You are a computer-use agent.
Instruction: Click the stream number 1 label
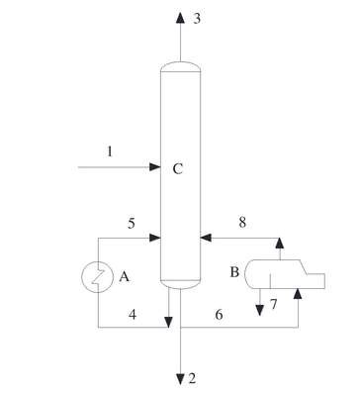[110, 151]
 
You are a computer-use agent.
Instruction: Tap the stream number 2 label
[192, 378]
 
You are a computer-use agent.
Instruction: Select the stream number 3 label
[197, 19]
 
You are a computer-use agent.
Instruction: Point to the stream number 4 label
[133, 315]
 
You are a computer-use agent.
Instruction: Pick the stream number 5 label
[132, 224]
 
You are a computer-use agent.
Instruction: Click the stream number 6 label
[219, 315]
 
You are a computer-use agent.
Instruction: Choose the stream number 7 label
[274, 304]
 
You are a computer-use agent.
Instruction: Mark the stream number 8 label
[242, 223]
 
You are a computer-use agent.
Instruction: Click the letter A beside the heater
[124, 276]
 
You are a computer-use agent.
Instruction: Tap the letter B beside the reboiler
[234, 272]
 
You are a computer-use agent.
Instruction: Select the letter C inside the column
[178, 169]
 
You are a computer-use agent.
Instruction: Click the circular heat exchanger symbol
[98, 276]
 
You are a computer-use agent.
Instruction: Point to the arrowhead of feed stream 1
[155, 167]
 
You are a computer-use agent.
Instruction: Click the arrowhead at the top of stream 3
[180, 18]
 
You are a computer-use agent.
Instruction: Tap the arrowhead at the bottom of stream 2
[180, 379]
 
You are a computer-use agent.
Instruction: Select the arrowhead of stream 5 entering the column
[155, 238]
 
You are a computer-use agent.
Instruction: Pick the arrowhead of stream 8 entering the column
[206, 238]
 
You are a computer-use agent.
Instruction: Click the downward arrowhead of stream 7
[260, 311]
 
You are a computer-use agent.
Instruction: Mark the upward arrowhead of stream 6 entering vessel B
[298, 293]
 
